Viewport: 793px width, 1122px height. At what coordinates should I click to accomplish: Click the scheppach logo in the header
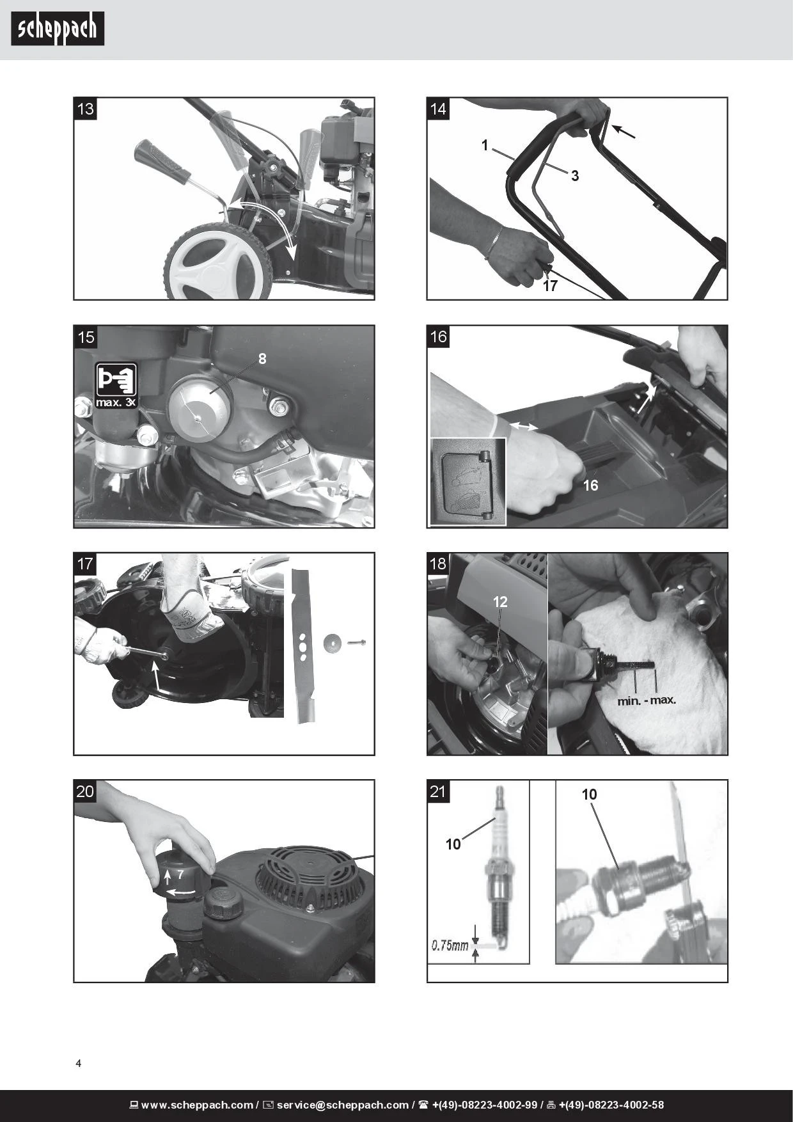58,29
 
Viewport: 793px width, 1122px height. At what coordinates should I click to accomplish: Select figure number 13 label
85,109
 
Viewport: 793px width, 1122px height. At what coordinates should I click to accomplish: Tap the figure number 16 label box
438,336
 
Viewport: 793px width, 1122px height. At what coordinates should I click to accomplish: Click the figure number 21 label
438,791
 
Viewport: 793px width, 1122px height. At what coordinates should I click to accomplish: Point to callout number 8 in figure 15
262,359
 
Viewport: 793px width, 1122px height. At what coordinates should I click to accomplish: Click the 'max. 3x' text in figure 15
116,402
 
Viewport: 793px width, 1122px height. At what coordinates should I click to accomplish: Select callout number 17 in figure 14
550,286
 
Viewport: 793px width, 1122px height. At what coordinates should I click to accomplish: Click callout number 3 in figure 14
575,176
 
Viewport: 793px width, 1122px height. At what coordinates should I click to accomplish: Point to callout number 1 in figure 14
485,146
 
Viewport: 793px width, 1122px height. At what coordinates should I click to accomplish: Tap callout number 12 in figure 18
500,601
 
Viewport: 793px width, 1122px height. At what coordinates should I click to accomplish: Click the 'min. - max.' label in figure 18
647,700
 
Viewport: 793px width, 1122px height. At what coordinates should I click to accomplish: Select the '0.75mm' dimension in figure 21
450,945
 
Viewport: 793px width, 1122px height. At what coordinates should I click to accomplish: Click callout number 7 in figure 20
180,873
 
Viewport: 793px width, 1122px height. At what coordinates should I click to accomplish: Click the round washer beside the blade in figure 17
332,642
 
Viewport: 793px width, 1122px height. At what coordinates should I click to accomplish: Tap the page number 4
79,1064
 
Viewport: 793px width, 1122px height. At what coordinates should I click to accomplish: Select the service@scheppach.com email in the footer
342,1105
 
